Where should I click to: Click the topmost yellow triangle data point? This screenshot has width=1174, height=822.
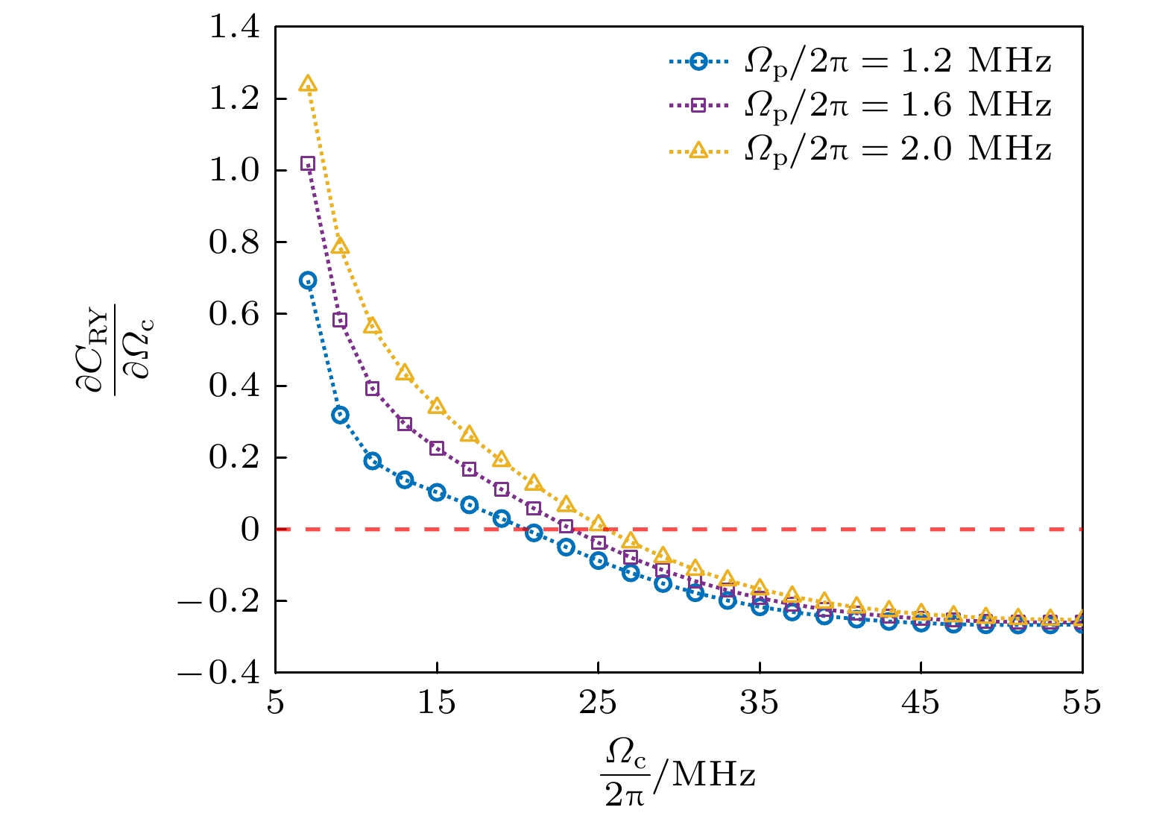coord(308,84)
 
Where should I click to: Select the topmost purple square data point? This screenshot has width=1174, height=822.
coord(308,164)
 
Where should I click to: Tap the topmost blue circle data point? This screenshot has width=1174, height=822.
coord(308,280)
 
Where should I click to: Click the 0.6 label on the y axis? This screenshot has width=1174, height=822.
coord(234,314)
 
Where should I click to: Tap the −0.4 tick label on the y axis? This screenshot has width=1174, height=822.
coord(219,673)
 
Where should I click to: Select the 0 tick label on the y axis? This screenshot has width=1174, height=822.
coord(250,530)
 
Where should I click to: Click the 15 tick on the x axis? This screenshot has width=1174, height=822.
coord(436,702)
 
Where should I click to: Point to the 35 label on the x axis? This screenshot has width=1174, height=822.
coord(759,702)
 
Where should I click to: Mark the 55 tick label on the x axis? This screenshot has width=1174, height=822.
coord(1082,702)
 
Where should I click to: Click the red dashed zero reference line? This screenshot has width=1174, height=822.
coord(820,529)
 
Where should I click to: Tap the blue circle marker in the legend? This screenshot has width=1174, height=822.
coord(698,61)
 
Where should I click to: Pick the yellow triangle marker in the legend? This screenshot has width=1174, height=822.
coord(698,149)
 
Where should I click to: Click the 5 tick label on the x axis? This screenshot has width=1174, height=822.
coord(276,702)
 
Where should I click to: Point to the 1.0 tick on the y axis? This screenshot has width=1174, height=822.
coord(234,170)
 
